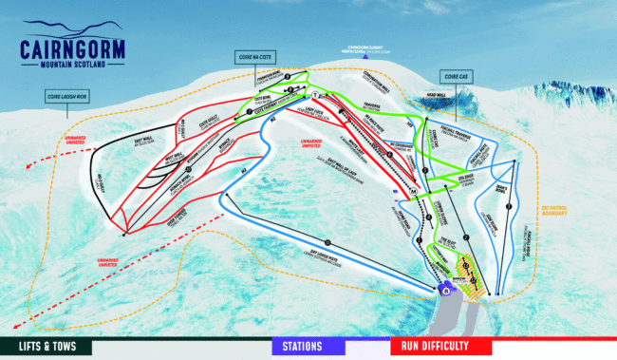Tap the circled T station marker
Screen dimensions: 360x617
[x=313, y=97]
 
